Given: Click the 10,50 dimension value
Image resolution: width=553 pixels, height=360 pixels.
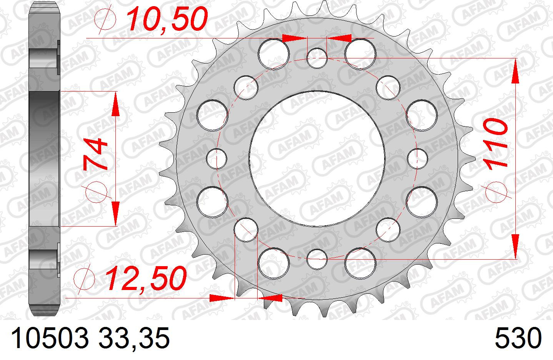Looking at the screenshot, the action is [x=167, y=19].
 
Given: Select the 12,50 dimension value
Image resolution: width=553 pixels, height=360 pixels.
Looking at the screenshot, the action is [x=146, y=278].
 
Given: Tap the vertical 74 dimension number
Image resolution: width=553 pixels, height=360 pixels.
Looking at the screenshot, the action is [x=95, y=155].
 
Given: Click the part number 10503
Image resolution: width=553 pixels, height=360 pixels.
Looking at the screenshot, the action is [x=49, y=338].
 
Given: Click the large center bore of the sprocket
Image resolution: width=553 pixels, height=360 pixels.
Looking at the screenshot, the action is [x=317, y=159].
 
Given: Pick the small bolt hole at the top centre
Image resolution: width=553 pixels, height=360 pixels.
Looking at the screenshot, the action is [x=317, y=58].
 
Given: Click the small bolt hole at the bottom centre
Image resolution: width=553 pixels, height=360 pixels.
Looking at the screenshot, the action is [x=317, y=259].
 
